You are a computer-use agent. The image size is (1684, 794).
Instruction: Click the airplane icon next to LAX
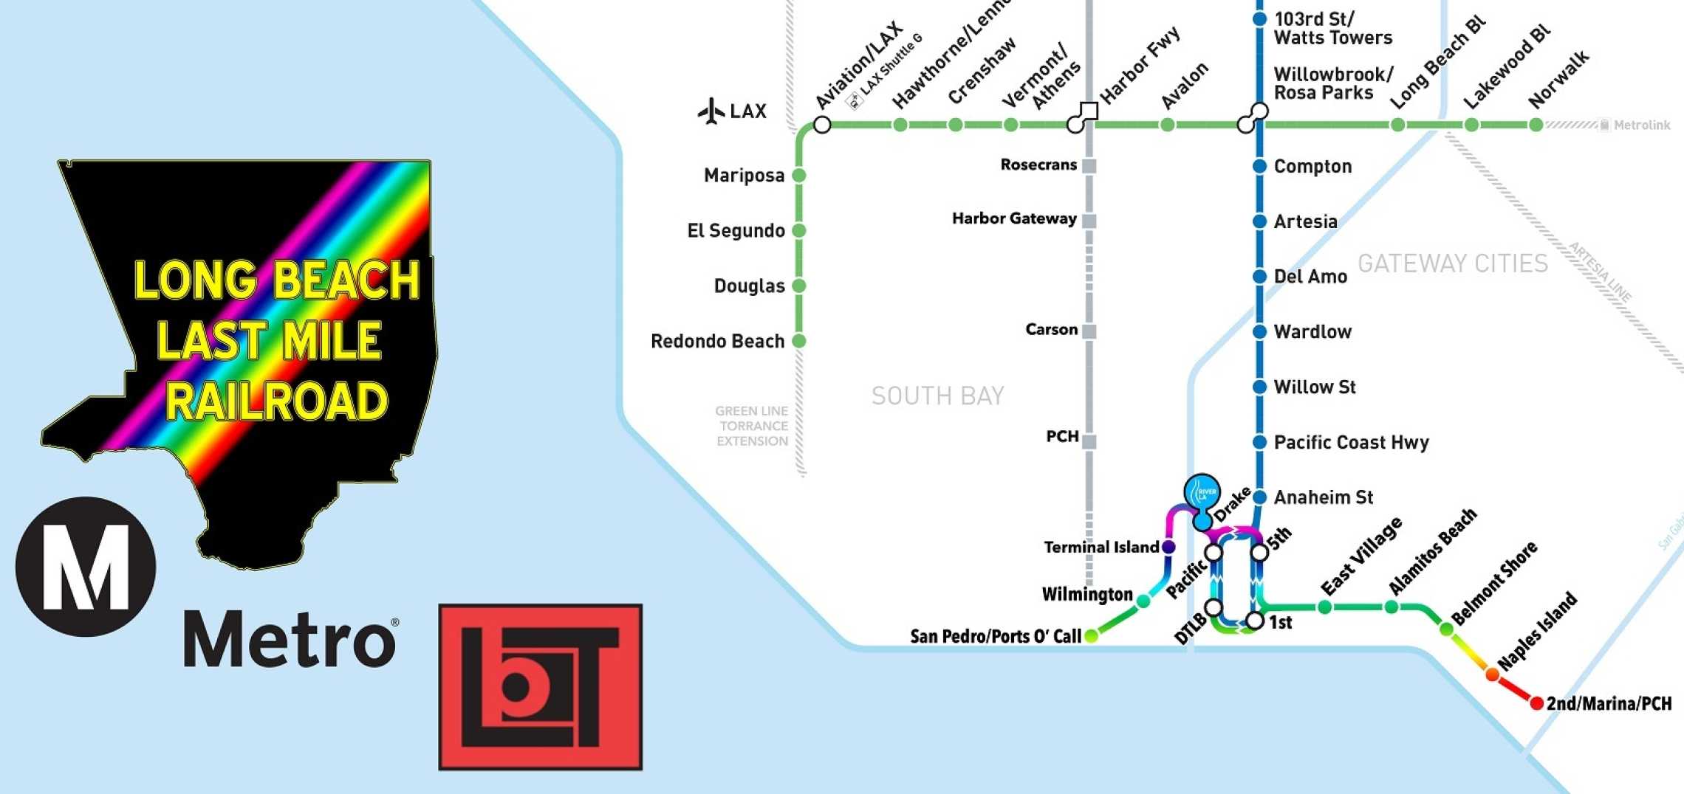[x=711, y=111]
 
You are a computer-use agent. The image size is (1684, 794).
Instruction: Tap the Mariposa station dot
[x=798, y=176]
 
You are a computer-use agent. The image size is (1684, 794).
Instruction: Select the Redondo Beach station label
[x=717, y=341]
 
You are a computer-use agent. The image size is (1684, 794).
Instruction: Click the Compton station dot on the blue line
[x=1260, y=167]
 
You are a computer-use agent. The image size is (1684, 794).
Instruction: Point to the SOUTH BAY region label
[x=937, y=396]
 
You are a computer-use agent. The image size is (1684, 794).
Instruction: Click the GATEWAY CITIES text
[x=1452, y=263]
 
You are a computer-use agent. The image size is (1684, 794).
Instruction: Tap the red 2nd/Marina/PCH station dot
[x=1536, y=703]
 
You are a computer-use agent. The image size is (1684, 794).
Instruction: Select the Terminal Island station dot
[x=1168, y=547]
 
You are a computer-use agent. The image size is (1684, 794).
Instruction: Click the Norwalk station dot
[x=1536, y=125]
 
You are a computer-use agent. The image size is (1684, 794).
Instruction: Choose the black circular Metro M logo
[x=86, y=567]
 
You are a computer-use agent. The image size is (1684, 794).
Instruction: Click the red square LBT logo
[x=540, y=687]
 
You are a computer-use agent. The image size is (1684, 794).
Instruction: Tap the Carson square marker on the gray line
[x=1089, y=331]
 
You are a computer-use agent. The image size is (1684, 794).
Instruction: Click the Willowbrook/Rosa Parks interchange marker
[x=1253, y=118]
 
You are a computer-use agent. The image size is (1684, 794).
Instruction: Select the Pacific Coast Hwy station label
[x=1351, y=442]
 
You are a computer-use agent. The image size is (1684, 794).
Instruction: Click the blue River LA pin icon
[x=1202, y=493]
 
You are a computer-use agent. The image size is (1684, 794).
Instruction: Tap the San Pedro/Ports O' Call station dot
[x=1091, y=636]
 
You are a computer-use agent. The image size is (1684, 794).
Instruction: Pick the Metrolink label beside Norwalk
[x=1640, y=125]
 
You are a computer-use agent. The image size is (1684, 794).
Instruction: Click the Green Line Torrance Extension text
[x=752, y=426]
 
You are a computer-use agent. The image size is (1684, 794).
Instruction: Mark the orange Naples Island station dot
[x=1492, y=674]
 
